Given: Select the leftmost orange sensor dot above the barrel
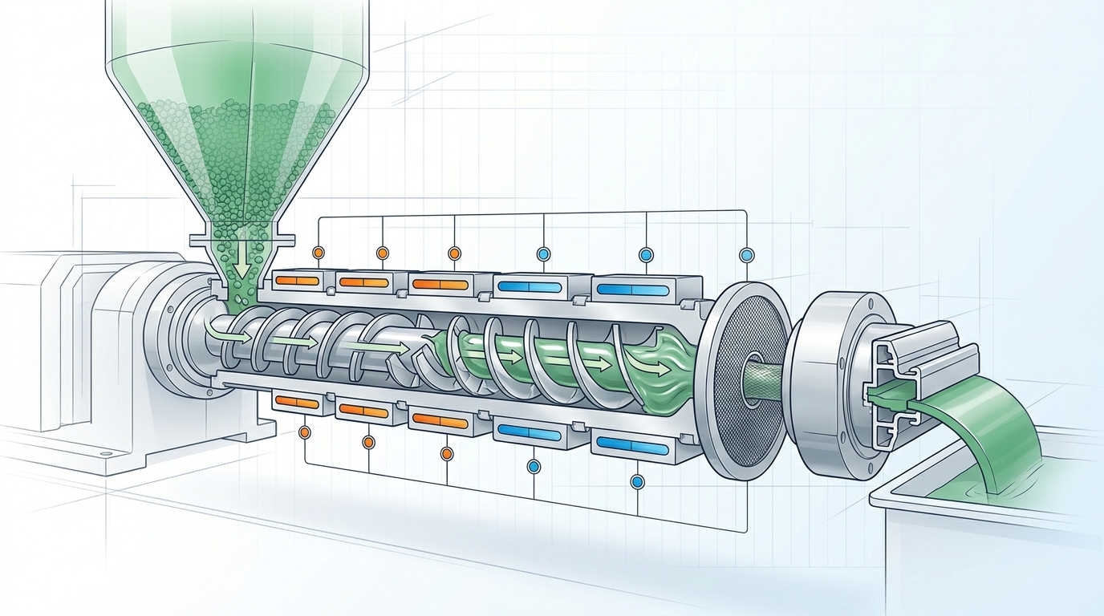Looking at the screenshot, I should coord(318,252).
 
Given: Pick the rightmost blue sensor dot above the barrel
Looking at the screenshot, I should coord(748,255).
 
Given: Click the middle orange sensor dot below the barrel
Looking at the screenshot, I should coord(368,442).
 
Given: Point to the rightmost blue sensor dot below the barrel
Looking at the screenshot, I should coord(638,481).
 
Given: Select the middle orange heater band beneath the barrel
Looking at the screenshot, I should coord(363,410).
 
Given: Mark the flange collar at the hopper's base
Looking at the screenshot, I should coord(241,238).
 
